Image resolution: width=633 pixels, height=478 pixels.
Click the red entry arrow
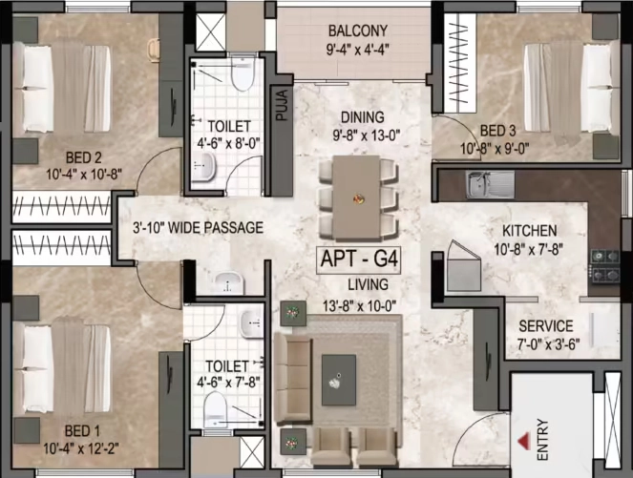524,441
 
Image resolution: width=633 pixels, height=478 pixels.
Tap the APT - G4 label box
359,260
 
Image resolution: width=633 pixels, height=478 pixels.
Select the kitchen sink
490,184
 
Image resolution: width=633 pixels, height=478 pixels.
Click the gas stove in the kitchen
605,265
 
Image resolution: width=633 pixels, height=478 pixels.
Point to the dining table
357,197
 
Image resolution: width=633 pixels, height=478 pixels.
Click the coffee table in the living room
339,380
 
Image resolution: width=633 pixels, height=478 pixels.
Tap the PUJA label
283,105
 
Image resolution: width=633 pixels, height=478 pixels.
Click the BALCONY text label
358,31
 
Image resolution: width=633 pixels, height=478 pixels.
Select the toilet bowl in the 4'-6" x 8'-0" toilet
243,74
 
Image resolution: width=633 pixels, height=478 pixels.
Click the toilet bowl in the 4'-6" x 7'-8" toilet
215,409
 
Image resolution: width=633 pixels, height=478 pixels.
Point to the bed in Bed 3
571,88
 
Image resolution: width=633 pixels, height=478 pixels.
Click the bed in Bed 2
61,89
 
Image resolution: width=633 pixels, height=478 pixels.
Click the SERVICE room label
546,326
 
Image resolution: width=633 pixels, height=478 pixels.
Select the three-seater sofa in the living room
293,379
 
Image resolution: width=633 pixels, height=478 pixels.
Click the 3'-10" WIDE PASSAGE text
198,228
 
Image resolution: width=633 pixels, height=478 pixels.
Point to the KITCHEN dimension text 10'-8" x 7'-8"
528,249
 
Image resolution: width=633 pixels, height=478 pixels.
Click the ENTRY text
543,440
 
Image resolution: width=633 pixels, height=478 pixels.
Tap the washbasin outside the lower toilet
228,282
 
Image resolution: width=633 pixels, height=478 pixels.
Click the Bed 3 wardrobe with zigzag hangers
460,64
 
